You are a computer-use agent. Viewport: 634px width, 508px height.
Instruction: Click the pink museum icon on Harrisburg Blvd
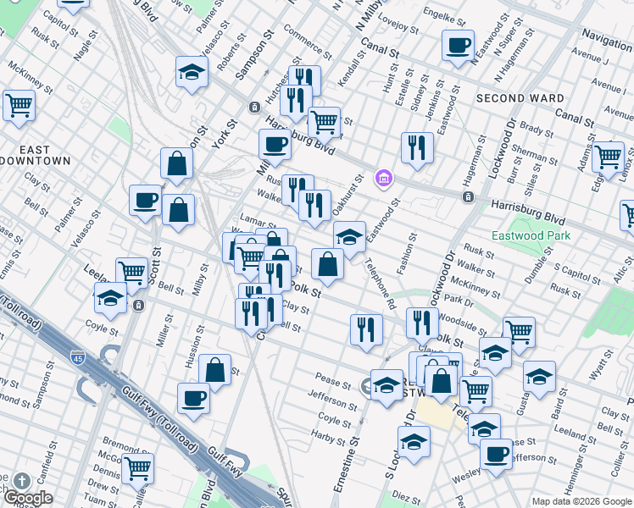[x=384, y=179]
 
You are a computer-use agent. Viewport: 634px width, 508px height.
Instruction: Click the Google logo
[x=27, y=498]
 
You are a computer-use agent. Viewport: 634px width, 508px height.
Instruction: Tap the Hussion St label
[x=189, y=353]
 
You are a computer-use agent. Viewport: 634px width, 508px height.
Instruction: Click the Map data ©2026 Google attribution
[x=581, y=501]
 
